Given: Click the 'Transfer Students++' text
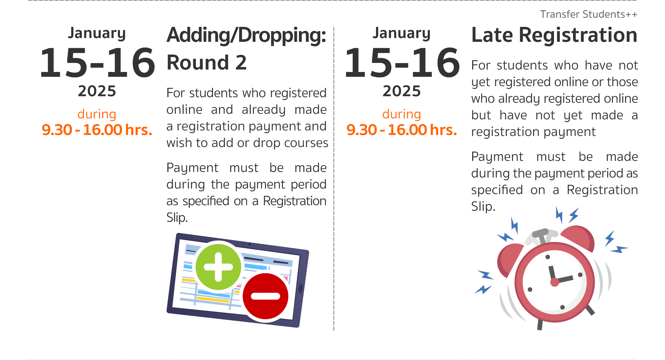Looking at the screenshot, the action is pyautogui.click(x=589, y=14).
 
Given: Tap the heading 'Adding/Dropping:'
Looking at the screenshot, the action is pyautogui.click(x=246, y=35).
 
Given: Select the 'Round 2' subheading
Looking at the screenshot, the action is pyautogui.click(x=206, y=62).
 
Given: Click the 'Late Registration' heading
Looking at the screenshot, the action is pyautogui.click(x=554, y=35).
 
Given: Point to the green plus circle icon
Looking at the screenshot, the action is pyautogui.click(x=218, y=267).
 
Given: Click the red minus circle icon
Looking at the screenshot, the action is pyautogui.click(x=265, y=296).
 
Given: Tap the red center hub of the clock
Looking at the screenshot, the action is pyautogui.click(x=554, y=282).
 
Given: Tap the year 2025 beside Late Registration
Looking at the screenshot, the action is pyautogui.click(x=401, y=91).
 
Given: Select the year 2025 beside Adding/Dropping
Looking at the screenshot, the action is pyautogui.click(x=97, y=91).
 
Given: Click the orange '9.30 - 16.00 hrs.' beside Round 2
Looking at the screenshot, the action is pyautogui.click(x=97, y=130).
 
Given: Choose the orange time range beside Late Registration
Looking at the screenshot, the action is pyautogui.click(x=401, y=130).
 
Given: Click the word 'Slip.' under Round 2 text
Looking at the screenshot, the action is pyautogui.click(x=177, y=218).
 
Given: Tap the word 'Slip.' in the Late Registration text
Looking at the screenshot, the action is pyautogui.click(x=483, y=207).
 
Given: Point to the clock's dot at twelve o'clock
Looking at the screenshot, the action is pyautogui.click(x=548, y=257).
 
